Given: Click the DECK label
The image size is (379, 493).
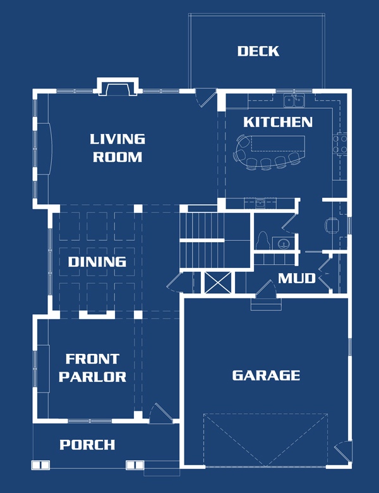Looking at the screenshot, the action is (258, 51).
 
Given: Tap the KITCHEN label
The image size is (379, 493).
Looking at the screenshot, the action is (278, 122).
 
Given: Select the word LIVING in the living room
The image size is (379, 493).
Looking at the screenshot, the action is (117, 139).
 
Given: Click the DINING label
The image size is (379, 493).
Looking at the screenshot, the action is (97, 262).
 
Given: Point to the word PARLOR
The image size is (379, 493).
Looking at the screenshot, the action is (92, 377).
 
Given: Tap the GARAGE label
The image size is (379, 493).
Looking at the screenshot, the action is (266, 375).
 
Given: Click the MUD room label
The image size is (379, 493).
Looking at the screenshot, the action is (297, 278).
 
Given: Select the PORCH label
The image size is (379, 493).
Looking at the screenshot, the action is (87, 444).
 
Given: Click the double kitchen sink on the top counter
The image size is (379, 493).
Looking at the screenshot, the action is (294, 100).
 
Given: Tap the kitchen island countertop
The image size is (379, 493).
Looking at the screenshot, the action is (278, 143).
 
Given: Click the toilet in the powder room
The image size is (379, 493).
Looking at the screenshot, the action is (262, 240).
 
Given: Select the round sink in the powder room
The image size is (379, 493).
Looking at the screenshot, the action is (284, 243).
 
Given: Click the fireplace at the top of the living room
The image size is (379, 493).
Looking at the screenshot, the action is (117, 87).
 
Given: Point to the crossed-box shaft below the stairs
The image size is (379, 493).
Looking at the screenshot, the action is (218, 283).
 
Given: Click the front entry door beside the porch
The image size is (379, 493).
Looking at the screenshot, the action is (161, 413).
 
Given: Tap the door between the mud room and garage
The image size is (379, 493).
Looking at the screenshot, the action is (266, 289).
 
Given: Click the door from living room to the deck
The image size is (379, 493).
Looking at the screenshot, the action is (205, 98).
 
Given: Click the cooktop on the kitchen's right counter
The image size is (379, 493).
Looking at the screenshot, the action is (340, 143).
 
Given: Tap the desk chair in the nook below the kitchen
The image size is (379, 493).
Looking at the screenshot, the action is (332, 226).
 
